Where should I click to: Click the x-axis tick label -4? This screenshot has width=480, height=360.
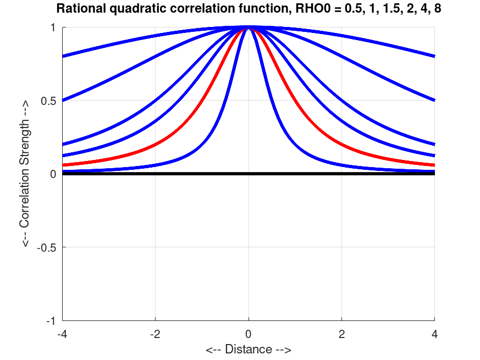[62, 334]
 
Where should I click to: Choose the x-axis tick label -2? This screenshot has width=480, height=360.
[155, 334]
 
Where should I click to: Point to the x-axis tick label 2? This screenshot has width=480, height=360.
[342, 334]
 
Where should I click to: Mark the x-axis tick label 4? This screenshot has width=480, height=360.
[435, 334]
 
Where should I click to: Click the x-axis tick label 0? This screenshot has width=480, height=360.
[249, 334]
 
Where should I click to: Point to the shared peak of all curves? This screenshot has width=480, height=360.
[249, 27]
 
